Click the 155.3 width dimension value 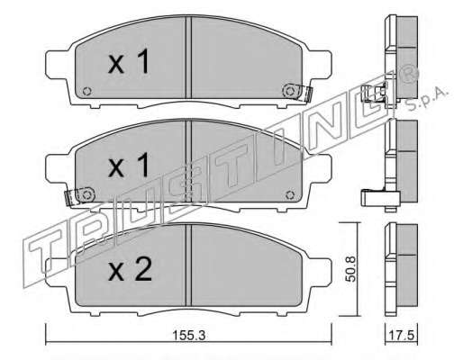[189, 336]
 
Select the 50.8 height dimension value [350, 268]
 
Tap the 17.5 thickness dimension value [402, 335]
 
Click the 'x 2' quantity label [130, 271]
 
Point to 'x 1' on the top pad [129, 62]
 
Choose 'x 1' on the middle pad [129, 165]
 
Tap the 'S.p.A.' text [427, 97]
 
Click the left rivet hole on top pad [86, 91]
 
